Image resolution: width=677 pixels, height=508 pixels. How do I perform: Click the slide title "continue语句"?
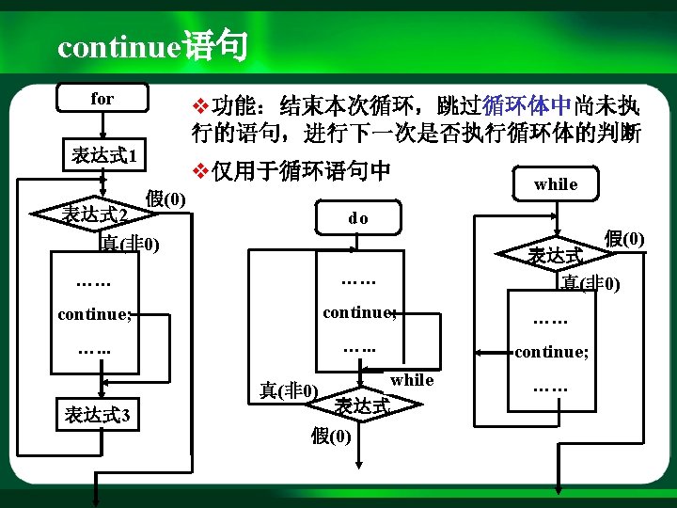pos(151,46)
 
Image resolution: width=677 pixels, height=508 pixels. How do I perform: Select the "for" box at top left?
pos(102,98)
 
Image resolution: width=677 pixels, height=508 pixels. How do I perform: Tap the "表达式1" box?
pos(102,155)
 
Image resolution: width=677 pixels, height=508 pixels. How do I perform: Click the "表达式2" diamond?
pos(94,214)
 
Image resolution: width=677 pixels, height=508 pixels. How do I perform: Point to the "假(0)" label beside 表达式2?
pos(166,198)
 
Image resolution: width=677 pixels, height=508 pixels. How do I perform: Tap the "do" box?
pos(358,218)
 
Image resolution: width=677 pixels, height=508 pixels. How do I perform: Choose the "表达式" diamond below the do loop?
pos(361,405)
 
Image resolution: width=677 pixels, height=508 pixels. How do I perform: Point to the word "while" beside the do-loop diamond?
pos(412,380)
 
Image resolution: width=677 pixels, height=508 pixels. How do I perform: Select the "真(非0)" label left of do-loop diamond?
pos(289,389)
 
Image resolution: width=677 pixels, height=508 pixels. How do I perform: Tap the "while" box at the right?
pos(555,184)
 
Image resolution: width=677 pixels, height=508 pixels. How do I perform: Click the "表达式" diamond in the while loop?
pos(555,255)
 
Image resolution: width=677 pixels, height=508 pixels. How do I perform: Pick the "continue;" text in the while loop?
pos(551,353)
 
